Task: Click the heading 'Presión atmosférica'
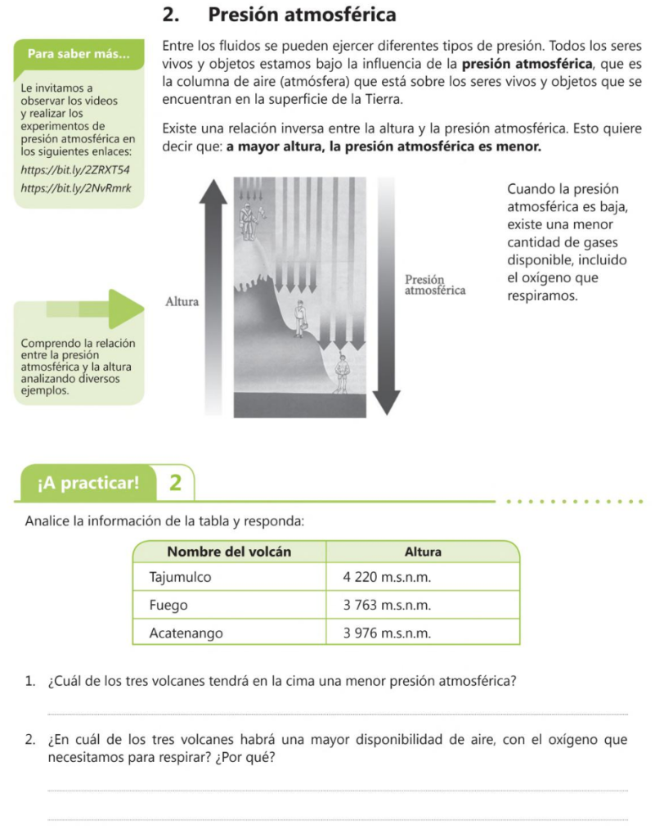pyautogui.click(x=302, y=16)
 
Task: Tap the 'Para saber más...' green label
pyautogui.click(x=79, y=55)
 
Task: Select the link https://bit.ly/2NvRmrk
pyautogui.click(x=74, y=189)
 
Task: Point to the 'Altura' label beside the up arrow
pyautogui.click(x=182, y=301)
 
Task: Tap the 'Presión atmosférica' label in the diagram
pyautogui.click(x=435, y=284)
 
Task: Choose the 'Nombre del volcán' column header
pyautogui.click(x=229, y=552)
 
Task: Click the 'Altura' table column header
pyautogui.click(x=423, y=552)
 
